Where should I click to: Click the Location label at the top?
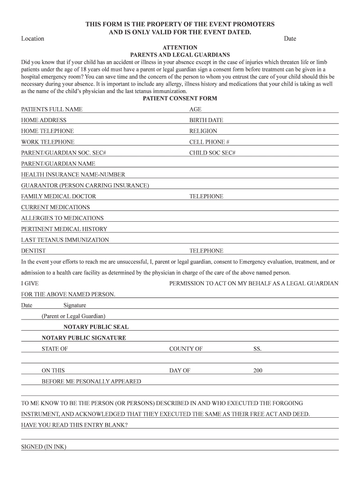point(33,38)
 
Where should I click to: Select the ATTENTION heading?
point(180,48)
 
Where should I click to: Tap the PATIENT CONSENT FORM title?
point(180,99)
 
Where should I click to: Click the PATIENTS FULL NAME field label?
point(51,109)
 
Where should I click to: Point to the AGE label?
point(195,109)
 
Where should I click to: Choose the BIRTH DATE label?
point(206,120)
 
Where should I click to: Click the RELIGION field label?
point(203,131)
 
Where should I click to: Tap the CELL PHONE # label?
point(209,142)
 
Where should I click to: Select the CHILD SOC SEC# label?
point(212,153)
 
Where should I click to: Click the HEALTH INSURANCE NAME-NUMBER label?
point(73,175)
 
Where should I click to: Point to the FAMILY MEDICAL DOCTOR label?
point(58,196)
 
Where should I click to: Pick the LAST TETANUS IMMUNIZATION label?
point(65,240)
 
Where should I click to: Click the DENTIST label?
point(33,251)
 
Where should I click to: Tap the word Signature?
point(75,305)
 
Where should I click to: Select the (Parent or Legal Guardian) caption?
point(73,316)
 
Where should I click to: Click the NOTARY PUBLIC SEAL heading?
point(96,327)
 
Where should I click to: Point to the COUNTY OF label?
point(186,349)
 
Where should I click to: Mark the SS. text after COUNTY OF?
point(258,349)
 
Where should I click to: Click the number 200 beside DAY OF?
point(258,370)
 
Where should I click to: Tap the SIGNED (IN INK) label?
point(43,447)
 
